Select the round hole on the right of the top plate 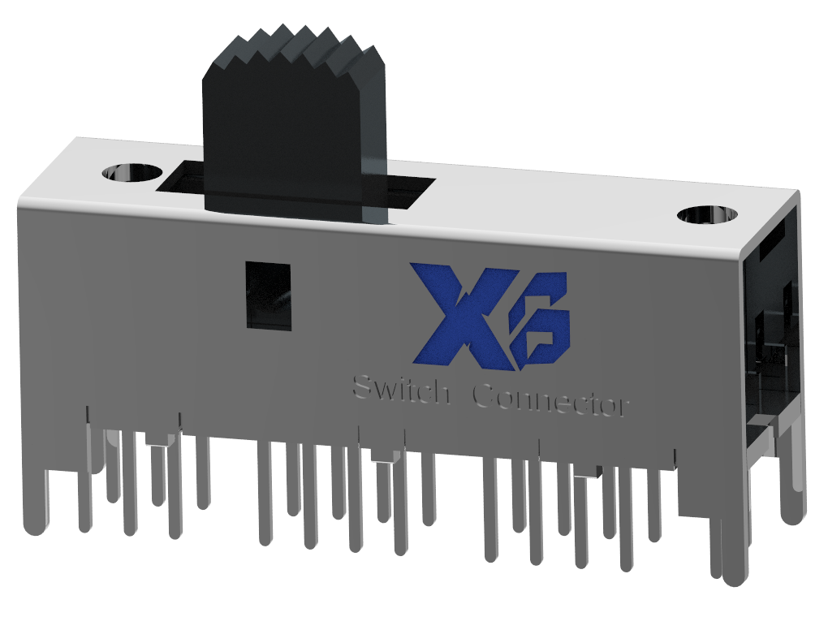point(707,215)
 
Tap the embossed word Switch point(400,390)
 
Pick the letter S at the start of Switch point(362,387)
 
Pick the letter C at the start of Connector point(484,395)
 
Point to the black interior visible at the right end point(771,325)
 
